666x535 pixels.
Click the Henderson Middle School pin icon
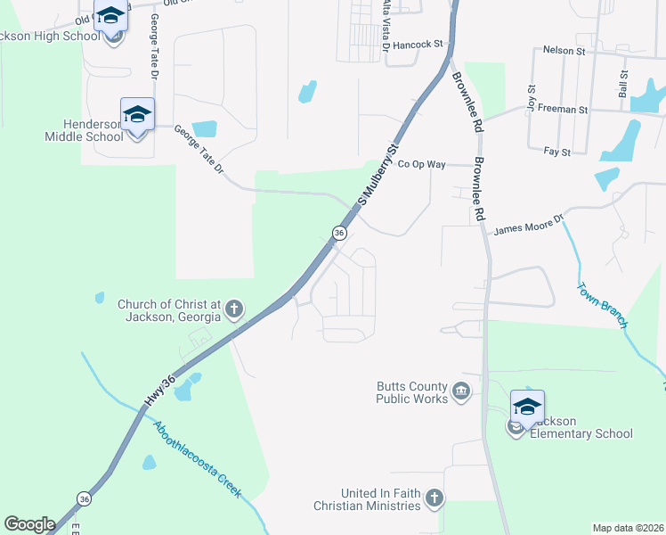point(137,116)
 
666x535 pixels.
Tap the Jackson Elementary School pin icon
point(527,407)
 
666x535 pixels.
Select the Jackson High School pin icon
point(112,18)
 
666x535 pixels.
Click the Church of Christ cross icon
point(234,310)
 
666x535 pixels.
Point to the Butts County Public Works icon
point(461,391)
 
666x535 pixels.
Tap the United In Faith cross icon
point(434,498)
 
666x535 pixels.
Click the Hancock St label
point(418,44)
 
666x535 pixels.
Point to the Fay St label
point(557,152)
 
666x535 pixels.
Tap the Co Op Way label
point(421,164)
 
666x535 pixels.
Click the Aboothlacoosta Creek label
point(198,460)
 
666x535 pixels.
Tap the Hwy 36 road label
point(158,391)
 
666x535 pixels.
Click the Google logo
point(29,524)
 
